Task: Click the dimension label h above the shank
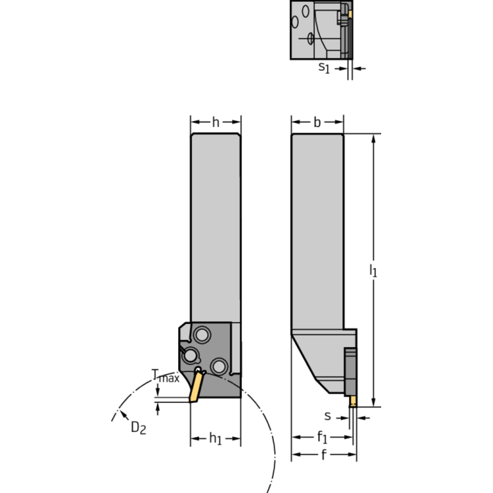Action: tap(215, 122)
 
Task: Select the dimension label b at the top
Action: tap(317, 122)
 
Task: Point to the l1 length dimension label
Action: tap(373, 271)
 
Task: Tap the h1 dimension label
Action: tap(215, 439)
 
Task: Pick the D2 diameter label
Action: tap(138, 427)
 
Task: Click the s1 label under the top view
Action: tap(325, 67)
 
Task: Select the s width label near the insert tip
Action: tap(328, 416)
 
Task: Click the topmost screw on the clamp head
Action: tap(203, 335)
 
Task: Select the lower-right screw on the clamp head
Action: tap(219, 366)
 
